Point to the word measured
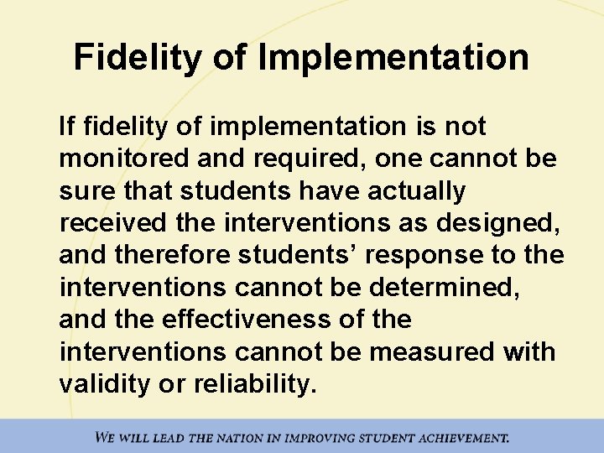pos(430,351)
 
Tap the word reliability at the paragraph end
pos(251,383)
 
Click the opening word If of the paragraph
pos(65,128)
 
